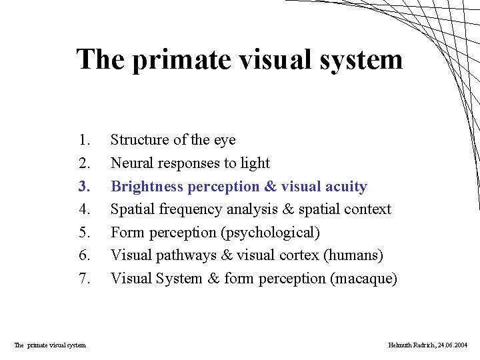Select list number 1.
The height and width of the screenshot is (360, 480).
point(84,140)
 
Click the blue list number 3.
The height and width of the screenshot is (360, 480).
point(84,186)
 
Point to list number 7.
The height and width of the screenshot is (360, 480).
point(84,279)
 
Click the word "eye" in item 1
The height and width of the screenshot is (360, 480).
point(224,140)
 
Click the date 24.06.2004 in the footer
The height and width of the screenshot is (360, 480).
point(453,345)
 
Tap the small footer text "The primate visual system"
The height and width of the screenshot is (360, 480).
point(50,345)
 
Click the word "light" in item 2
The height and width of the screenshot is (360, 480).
point(255,163)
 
